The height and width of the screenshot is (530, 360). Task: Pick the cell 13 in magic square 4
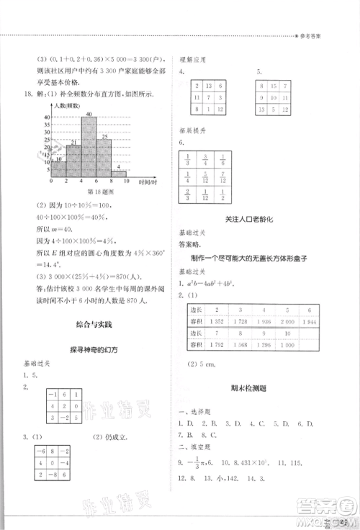pos(209,85)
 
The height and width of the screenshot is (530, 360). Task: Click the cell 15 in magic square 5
pos(274,85)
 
